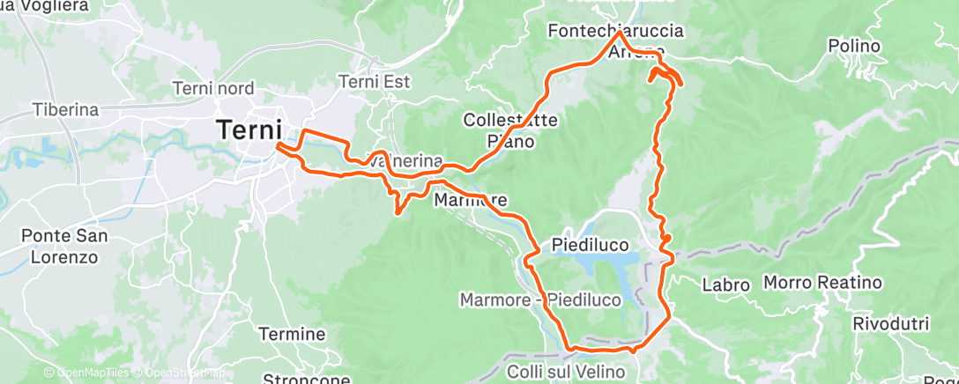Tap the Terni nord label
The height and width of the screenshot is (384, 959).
coord(213,88)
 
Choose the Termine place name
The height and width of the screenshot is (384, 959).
coord(292,335)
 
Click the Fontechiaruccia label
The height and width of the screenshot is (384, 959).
coord(615,31)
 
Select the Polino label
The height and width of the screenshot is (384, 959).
coord(854,46)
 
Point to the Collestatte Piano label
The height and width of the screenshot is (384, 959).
coord(510,129)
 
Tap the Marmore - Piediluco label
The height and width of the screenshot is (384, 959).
coord(540,300)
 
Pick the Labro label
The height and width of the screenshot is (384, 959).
coord(725,285)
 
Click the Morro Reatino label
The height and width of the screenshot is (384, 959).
coord(821,283)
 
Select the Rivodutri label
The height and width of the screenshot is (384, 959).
coord(890,323)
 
